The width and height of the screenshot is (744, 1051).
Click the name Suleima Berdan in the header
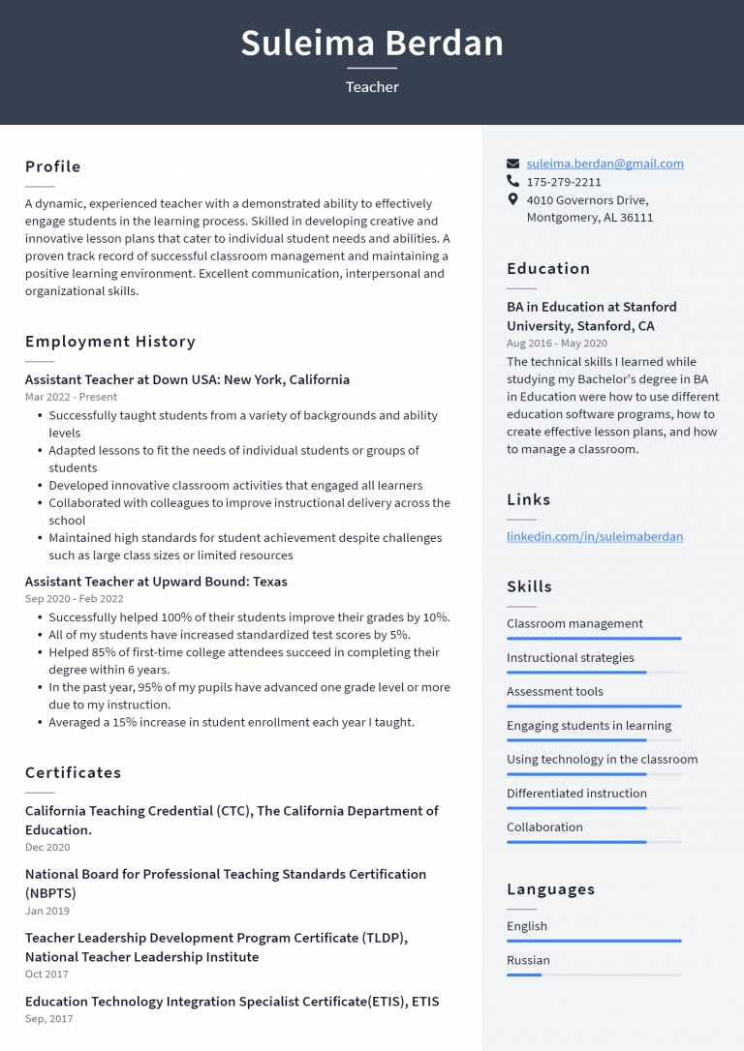[x=372, y=44]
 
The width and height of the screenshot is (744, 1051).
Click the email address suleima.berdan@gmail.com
[x=604, y=164]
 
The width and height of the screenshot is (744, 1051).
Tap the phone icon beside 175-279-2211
[x=513, y=181]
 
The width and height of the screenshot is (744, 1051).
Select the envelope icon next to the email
[x=513, y=164]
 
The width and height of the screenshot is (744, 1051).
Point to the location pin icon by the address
[x=513, y=199]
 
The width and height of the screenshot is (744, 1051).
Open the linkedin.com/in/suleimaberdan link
[x=594, y=536]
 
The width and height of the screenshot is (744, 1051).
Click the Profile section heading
[x=52, y=166]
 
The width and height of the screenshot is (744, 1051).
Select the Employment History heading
[x=109, y=342]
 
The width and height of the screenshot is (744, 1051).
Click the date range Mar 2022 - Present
[x=71, y=397]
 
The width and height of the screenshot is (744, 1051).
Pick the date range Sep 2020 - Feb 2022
[x=74, y=599]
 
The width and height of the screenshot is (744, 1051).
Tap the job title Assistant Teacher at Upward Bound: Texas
[x=156, y=582]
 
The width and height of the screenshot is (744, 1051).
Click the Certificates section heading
[x=73, y=772]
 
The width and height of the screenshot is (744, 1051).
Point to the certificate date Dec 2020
[x=47, y=848]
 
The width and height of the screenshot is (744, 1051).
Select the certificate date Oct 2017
[x=46, y=975]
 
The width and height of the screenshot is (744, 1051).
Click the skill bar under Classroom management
[x=594, y=639]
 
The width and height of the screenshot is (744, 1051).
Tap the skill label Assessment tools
[x=554, y=691]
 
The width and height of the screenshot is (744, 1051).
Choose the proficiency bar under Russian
[x=594, y=975]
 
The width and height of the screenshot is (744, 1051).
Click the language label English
[x=526, y=926]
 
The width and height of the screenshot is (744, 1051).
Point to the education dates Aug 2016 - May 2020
[x=557, y=344]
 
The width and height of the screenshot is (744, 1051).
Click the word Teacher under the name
[x=372, y=87]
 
